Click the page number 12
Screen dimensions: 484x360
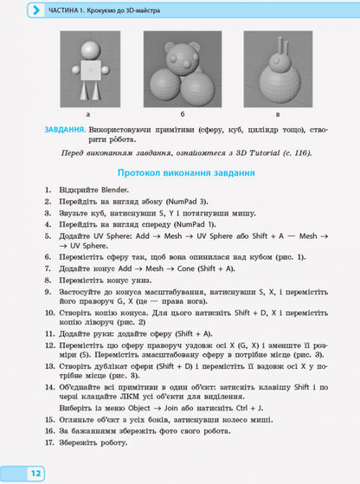36,473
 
